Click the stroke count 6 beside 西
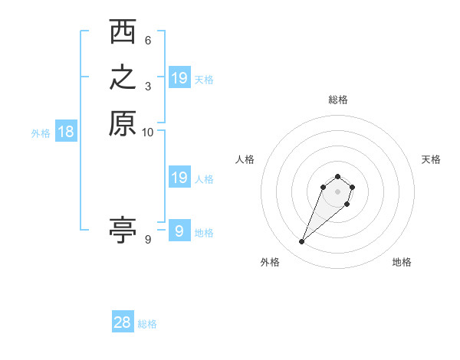(148, 41)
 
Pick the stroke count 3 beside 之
(148, 86)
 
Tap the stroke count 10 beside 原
(148, 132)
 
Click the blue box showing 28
(123, 322)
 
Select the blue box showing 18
(66, 132)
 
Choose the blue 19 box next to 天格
(179, 77)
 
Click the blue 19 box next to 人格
(179, 178)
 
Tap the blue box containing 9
(179, 231)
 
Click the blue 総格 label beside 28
(147, 324)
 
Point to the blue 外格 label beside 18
(41, 133)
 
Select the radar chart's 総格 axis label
(338, 100)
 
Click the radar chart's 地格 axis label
(402, 262)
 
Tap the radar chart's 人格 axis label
(245, 159)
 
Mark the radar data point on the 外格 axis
(302, 242)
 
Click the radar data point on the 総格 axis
(338, 173)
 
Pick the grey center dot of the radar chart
(338, 191)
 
